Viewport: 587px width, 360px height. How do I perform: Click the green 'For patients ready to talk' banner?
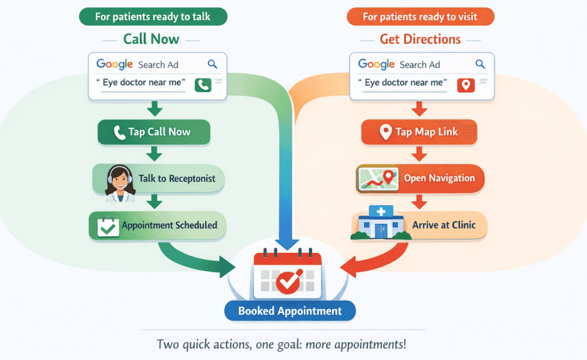point(152,16)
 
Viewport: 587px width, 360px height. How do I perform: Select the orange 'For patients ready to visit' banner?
point(420,17)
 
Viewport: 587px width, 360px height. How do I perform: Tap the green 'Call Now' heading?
point(151,39)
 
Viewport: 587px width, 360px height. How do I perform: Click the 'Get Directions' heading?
point(420,39)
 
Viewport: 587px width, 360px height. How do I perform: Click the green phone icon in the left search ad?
point(203,85)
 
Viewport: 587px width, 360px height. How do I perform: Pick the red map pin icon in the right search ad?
point(465,85)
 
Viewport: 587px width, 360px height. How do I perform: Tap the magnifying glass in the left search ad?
point(213,64)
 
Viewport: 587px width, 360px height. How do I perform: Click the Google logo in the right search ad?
point(376,64)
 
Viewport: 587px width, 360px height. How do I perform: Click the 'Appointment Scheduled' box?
point(158,225)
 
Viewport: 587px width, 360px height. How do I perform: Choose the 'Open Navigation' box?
point(420,178)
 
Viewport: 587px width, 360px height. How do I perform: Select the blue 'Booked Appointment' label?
point(289,311)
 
